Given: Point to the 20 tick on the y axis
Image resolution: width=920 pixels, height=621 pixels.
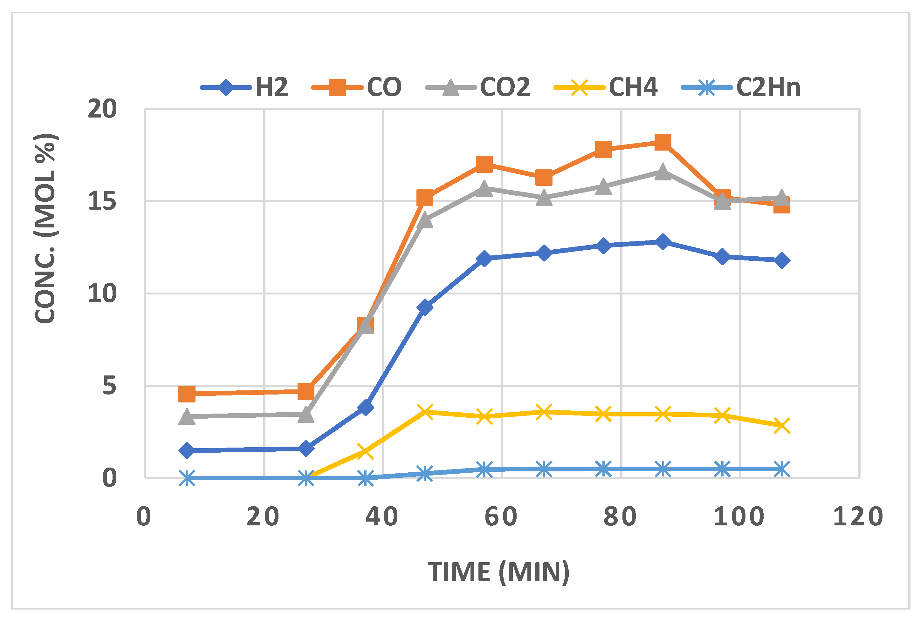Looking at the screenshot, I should pyautogui.click(x=102, y=109).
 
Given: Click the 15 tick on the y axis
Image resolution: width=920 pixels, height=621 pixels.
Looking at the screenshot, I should pyautogui.click(x=102, y=201).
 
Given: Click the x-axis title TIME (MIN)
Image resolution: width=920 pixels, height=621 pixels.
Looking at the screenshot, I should pyautogui.click(x=498, y=572).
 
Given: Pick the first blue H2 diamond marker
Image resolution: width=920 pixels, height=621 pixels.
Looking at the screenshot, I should pyautogui.click(x=187, y=450).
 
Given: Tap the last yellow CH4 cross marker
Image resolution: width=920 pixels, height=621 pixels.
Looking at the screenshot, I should pyautogui.click(x=782, y=426).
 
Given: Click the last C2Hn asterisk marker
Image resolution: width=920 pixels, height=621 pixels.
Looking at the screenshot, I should pyautogui.click(x=782, y=469).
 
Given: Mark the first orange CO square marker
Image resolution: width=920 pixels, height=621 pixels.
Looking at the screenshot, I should pyautogui.click(x=187, y=394).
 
